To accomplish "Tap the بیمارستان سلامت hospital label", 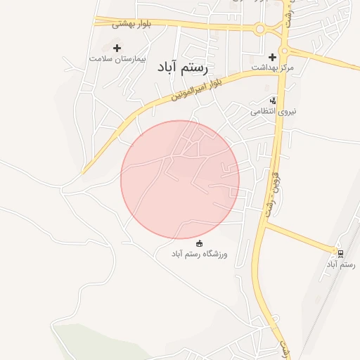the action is click(117, 58).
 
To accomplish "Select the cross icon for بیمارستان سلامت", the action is click(117, 46).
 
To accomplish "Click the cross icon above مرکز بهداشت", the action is click(273, 56).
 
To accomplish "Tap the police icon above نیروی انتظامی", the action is click(273, 101).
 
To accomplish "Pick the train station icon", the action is click(340, 253).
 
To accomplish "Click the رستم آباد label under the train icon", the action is click(341, 264).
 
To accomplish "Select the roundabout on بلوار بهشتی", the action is click(259, 29).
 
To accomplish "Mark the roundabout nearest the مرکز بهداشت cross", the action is click(285, 51).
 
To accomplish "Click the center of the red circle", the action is click(180, 179).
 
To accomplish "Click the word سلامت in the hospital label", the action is click(102, 58).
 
